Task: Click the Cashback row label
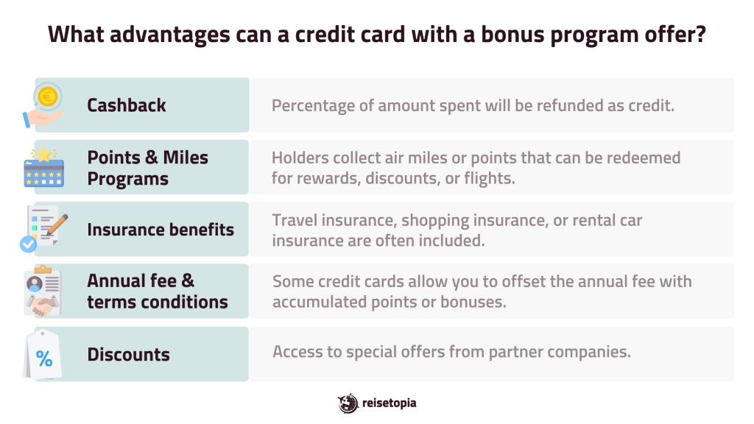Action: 126,105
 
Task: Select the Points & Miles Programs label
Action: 147,168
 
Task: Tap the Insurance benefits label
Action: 160,230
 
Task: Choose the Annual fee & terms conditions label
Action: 157,291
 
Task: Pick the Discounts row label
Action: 128,354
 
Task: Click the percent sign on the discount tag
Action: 44,359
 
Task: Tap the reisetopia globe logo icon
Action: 348,403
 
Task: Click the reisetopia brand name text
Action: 390,403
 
